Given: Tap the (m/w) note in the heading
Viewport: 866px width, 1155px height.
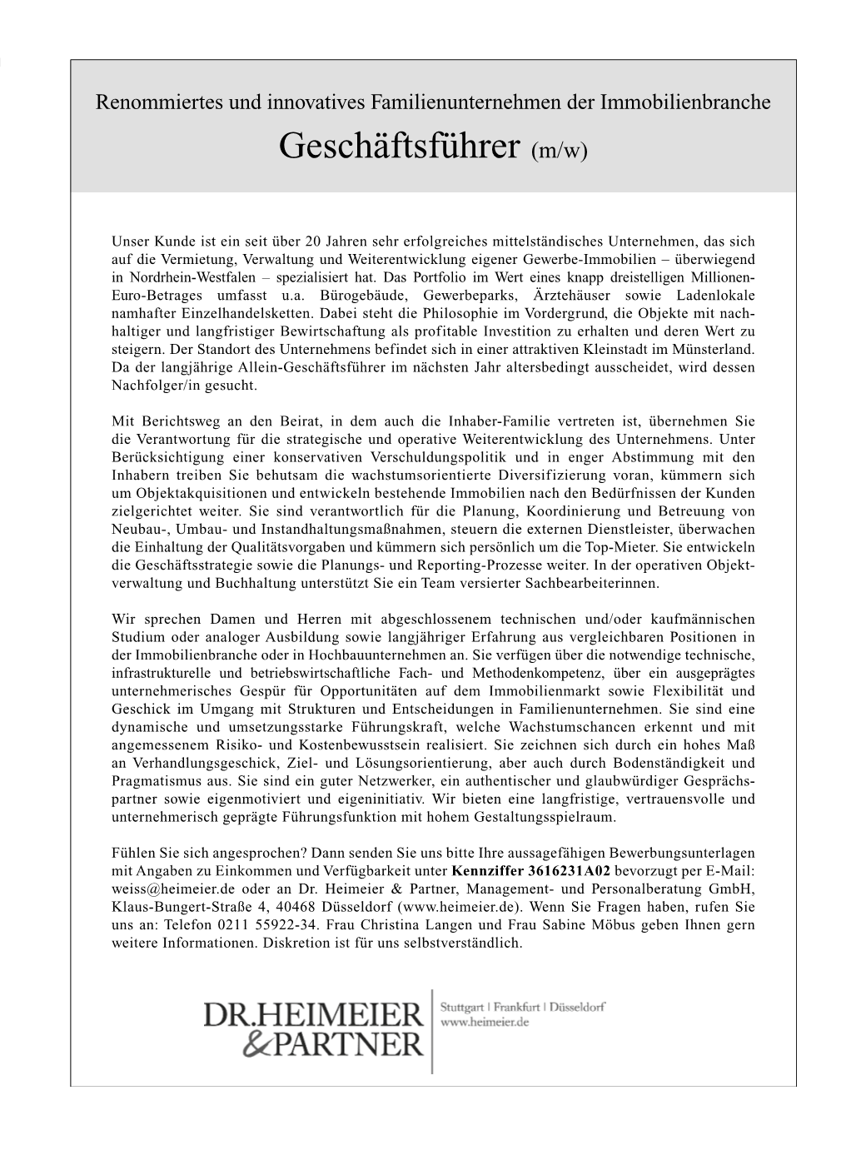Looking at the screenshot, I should [559, 152].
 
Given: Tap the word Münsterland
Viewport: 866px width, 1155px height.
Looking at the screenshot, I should [716, 349].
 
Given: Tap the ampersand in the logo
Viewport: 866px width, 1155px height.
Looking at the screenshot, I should [257, 1043].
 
